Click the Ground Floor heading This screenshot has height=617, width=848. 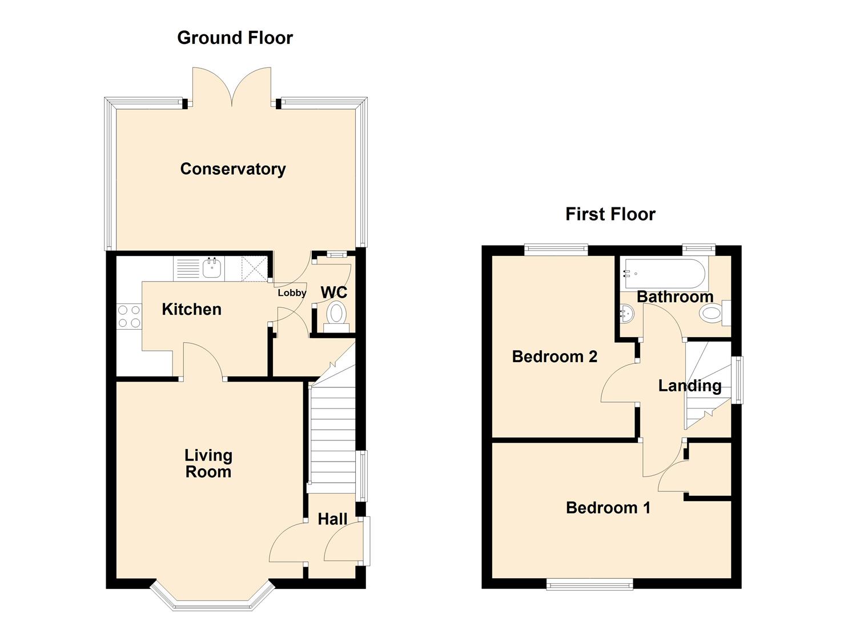[x=235, y=38]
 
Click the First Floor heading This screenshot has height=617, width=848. [x=610, y=214]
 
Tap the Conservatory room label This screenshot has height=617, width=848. [x=232, y=169]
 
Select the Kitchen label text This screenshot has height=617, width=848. [x=191, y=310]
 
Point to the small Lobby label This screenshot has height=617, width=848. [x=292, y=293]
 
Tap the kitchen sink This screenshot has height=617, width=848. [x=212, y=267]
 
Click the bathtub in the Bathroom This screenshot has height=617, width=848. [x=665, y=274]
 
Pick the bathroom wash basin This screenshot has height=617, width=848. [x=627, y=314]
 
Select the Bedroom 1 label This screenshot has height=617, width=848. [x=608, y=508]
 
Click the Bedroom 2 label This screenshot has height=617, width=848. [x=554, y=357]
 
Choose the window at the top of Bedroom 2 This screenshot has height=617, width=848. [x=556, y=249]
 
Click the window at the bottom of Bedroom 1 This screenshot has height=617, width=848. [x=589, y=584]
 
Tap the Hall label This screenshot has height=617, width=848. [x=332, y=519]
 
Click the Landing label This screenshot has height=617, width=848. [x=689, y=386]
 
